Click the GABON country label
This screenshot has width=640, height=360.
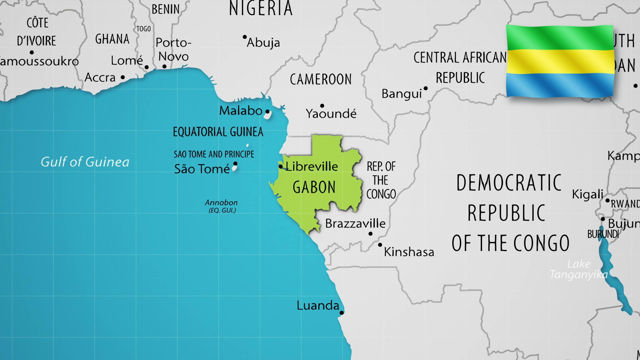[314, 187]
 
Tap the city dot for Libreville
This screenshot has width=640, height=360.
[281, 167]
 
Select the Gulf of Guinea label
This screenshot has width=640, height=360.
[85, 162]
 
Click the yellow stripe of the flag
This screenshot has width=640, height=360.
[560, 62]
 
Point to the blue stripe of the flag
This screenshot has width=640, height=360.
[560, 85]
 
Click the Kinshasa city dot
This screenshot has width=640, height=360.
[380, 245]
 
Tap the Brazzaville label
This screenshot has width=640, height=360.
[355, 223]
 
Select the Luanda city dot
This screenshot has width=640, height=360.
[341, 313]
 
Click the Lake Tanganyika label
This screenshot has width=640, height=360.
[579, 269]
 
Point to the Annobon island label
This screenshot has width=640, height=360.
[221, 206]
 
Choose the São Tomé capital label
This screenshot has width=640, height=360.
[202, 169]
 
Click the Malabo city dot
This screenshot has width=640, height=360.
[267, 111]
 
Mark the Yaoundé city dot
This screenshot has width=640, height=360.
[322, 106]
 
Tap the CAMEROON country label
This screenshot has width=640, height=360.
[321, 79]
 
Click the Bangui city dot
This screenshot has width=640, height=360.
[425, 88]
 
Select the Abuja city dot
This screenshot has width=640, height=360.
[244, 37]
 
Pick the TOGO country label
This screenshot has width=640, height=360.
[144, 29]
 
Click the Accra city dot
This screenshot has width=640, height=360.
[123, 77]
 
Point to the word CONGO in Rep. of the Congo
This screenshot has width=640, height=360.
[381, 194]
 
